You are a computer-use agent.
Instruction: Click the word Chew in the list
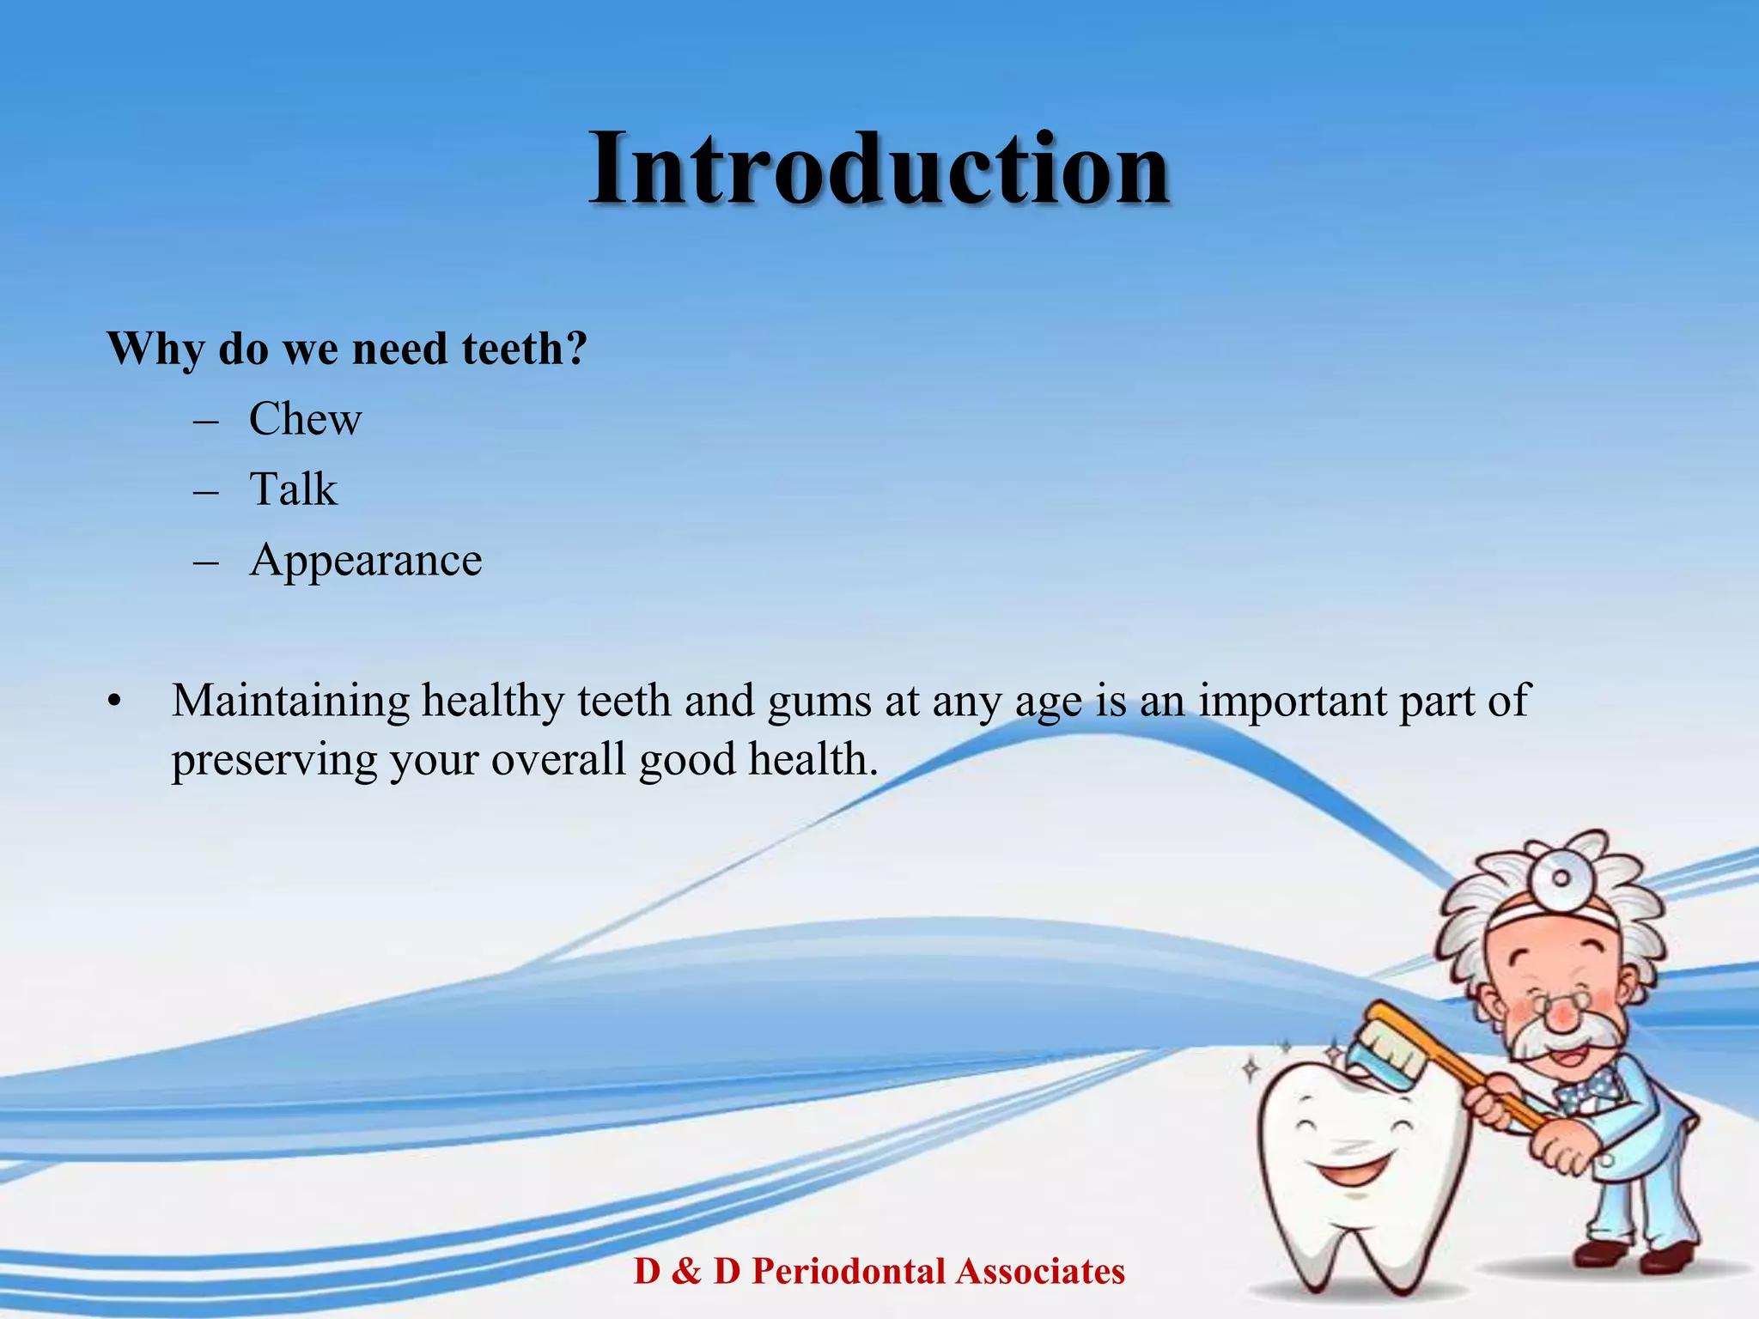[305, 419]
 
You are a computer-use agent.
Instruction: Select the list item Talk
[293, 489]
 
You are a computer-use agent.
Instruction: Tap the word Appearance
[365, 561]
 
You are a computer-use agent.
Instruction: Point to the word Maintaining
[290, 701]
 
